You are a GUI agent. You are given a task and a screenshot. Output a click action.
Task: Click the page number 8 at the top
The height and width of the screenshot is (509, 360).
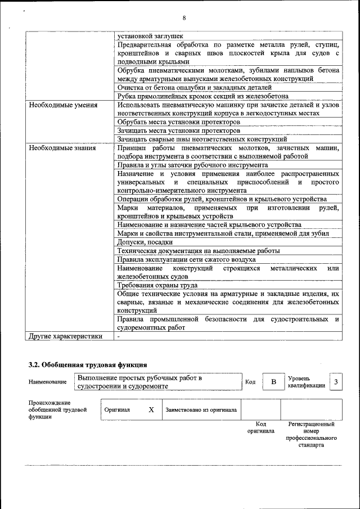coord(183,18)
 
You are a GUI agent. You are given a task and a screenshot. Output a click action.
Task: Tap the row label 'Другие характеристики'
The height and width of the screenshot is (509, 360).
coord(65,336)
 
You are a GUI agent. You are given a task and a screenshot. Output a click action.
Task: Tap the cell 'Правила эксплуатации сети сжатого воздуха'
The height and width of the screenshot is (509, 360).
coord(186,259)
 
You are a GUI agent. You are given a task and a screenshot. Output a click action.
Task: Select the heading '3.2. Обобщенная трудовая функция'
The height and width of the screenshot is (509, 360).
coord(88,364)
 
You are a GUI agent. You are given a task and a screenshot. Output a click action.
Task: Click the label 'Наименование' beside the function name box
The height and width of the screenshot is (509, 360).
coord(47,382)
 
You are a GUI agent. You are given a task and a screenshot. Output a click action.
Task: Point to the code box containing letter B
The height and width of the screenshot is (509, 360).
coord(273,382)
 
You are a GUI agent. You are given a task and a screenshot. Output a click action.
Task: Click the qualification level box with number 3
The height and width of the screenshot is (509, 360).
coord(336,382)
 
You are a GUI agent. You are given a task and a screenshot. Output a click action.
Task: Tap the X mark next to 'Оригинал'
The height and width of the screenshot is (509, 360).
coord(151,409)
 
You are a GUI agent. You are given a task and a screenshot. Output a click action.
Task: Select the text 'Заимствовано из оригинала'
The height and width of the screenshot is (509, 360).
coord(201,410)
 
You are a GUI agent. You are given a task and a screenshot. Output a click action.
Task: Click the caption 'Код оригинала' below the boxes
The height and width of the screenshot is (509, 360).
coord(260,427)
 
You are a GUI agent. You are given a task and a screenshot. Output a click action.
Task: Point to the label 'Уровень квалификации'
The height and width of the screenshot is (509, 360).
coord(306,382)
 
